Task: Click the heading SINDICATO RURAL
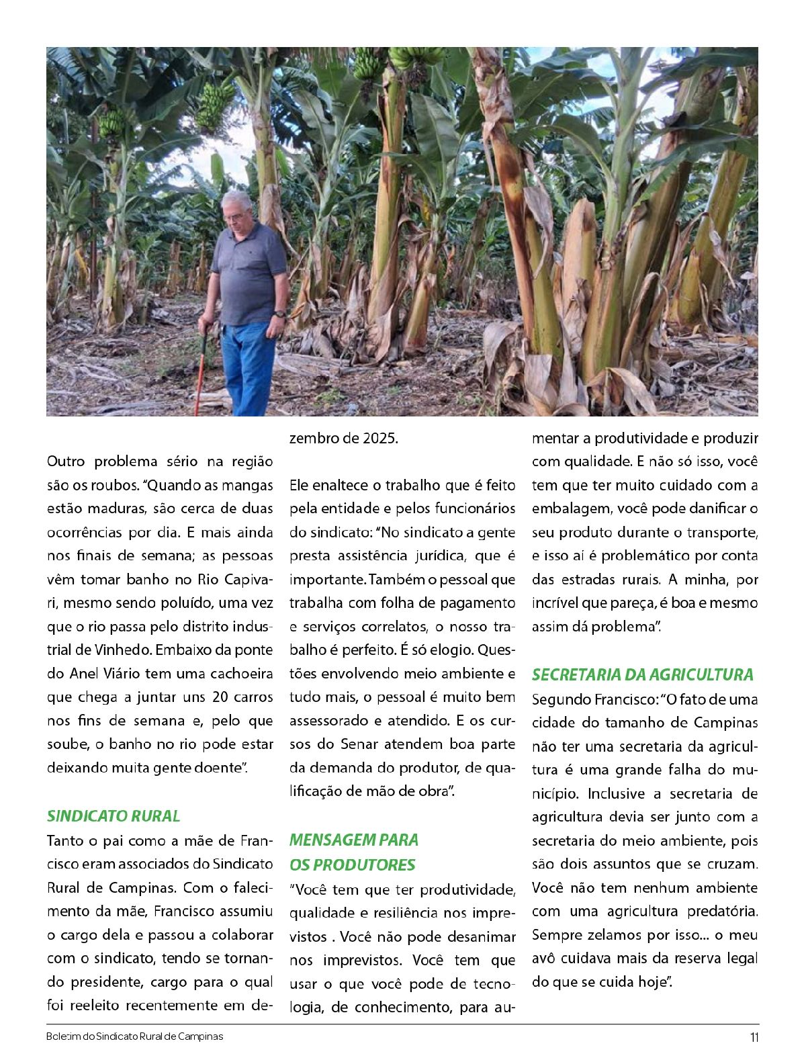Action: coord(114,816)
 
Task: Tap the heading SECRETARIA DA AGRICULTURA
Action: coord(643,674)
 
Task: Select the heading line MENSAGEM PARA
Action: coord(354,840)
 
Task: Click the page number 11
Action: coord(754,1037)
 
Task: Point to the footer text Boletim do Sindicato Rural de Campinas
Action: coord(135,1036)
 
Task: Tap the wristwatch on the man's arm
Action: coord(278,314)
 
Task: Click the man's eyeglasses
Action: coord(234,216)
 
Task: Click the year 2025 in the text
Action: coord(380,439)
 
